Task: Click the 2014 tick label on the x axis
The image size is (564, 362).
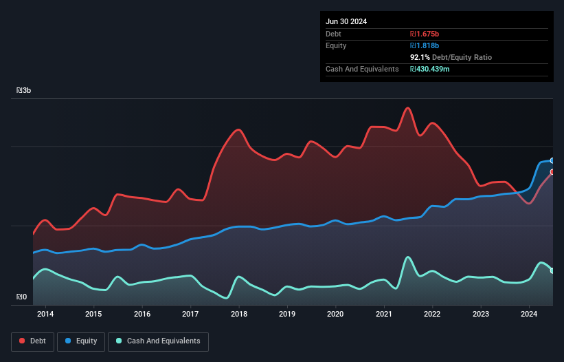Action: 45,315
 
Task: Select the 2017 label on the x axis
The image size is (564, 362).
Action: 190,315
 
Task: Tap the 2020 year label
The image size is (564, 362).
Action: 336,315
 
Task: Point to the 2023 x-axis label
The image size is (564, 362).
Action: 481,315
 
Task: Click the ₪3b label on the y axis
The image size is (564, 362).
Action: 24,91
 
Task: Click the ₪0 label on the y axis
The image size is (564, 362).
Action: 22,297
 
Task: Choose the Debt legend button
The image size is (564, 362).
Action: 34,341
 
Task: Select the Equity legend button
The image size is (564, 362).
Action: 81,341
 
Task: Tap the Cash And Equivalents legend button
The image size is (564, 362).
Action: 158,341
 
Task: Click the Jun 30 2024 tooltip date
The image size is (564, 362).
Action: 346,21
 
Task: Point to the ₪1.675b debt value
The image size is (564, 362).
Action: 425,34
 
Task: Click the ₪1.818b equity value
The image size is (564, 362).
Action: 425,45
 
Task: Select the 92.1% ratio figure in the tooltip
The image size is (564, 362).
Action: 421,57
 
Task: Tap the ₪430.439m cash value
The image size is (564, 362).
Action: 430,69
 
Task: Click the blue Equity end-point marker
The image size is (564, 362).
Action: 552,160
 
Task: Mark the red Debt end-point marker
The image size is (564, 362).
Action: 552,172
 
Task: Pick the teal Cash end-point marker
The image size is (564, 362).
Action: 552,270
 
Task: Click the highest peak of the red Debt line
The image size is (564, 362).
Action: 408,108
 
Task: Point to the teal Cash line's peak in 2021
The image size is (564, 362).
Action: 408,257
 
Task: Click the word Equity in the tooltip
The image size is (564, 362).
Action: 336,45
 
